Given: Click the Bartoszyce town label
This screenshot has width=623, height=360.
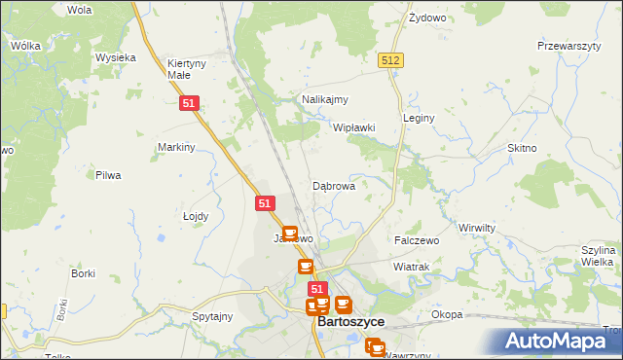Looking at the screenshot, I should coord(350,322).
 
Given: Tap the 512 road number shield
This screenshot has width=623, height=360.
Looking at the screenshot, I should coord(391,60).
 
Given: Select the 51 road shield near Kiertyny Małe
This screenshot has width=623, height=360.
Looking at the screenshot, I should coord(191,102).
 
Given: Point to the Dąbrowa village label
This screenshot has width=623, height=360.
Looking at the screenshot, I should coord(333,185).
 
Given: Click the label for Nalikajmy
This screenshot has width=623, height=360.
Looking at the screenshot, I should coord(325,99).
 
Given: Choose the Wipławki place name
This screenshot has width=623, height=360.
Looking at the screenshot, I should coord(354,127).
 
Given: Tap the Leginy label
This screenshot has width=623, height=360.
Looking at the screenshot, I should coord(419,118).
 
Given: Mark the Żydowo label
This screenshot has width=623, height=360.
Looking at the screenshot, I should coord(427,18).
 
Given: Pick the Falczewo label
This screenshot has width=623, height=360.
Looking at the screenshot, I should coord(417,239).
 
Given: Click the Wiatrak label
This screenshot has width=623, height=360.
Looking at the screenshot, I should coord(412,266).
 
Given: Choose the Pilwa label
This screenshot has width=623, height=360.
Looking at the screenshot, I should coord(107,175).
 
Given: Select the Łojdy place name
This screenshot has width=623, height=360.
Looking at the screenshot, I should coord(197,216).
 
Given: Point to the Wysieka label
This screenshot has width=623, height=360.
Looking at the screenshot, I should coord(115,57).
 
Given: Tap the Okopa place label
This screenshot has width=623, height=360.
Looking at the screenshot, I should coord(447,314).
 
